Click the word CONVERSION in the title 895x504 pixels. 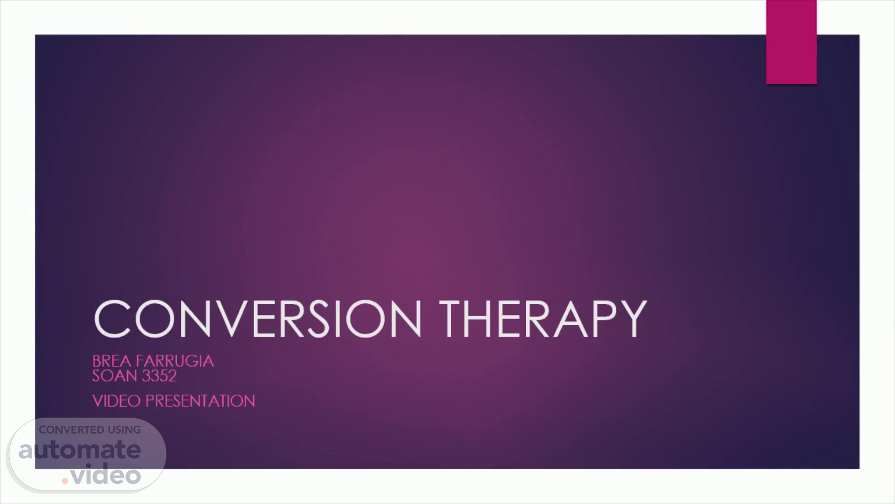(x=258, y=318)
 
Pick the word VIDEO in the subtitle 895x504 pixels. (x=117, y=401)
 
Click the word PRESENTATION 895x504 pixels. (x=200, y=401)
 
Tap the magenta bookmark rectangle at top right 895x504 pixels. (x=791, y=42)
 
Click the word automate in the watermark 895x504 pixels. (x=80, y=450)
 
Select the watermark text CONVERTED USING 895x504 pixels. (x=89, y=430)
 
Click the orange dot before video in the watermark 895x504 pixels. (x=65, y=480)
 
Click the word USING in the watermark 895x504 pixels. (x=124, y=430)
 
